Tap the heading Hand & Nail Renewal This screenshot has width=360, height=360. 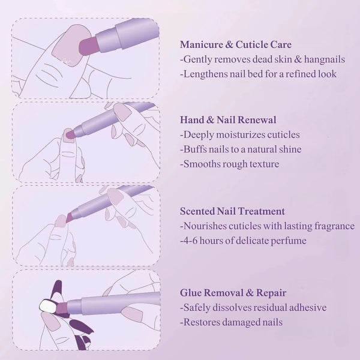pyautogui.click(x=228, y=120)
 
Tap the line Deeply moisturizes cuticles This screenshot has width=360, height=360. pyautogui.click(x=240, y=134)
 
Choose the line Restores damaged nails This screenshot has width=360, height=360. pyautogui.click(x=232, y=322)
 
